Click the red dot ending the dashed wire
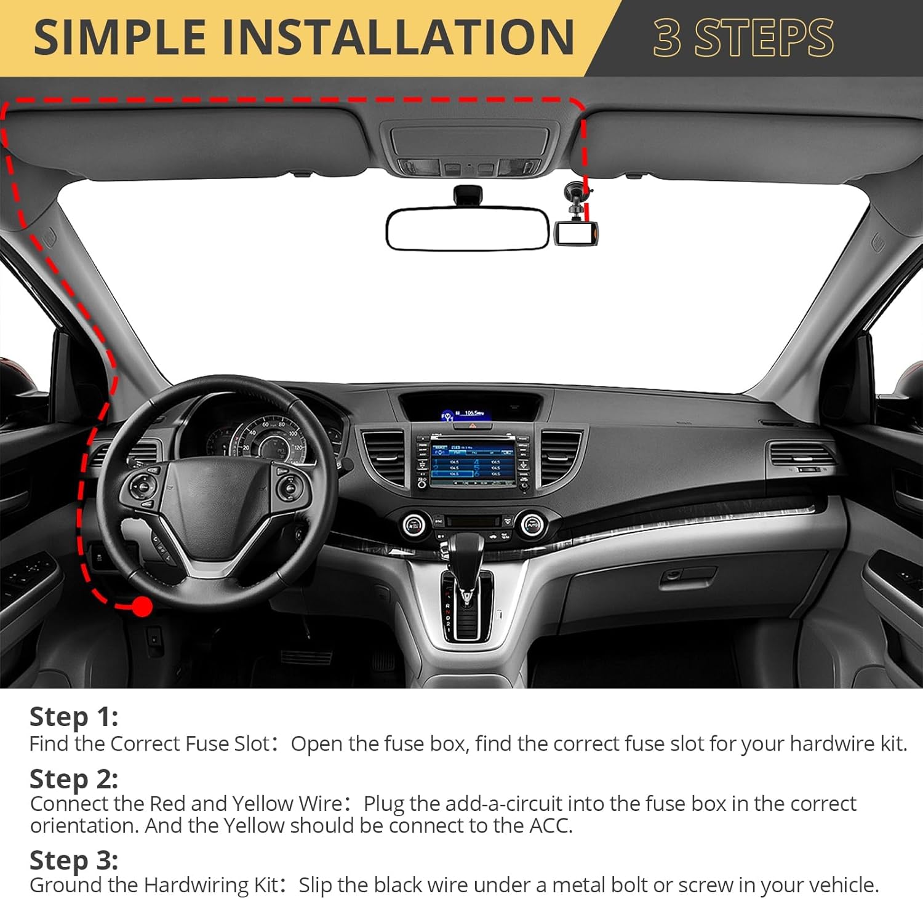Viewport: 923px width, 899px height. point(143,607)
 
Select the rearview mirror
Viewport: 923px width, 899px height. point(468,229)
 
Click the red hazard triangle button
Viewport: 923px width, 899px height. point(473,426)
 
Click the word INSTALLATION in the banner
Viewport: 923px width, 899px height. point(398,38)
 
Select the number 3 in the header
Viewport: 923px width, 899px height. point(667,38)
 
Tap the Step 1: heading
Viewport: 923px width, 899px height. point(74,717)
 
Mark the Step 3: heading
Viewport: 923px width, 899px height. point(74,860)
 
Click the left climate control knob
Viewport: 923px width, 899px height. point(414,524)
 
